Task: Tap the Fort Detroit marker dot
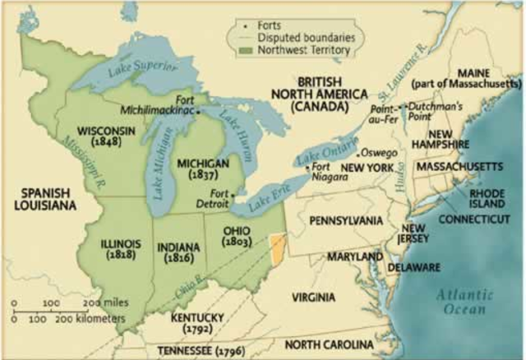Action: click(234, 195)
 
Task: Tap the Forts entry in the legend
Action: click(268, 24)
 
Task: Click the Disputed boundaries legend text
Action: click(295, 37)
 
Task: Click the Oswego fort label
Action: click(381, 153)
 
